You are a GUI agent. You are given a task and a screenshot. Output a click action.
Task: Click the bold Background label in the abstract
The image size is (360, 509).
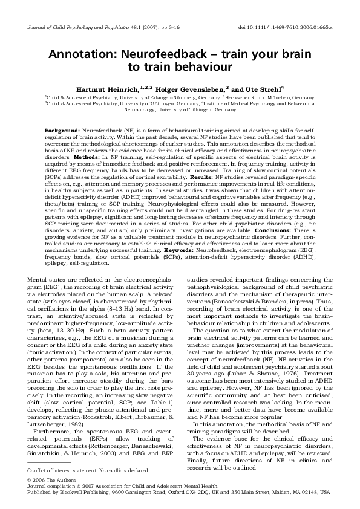(x=64, y=131)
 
